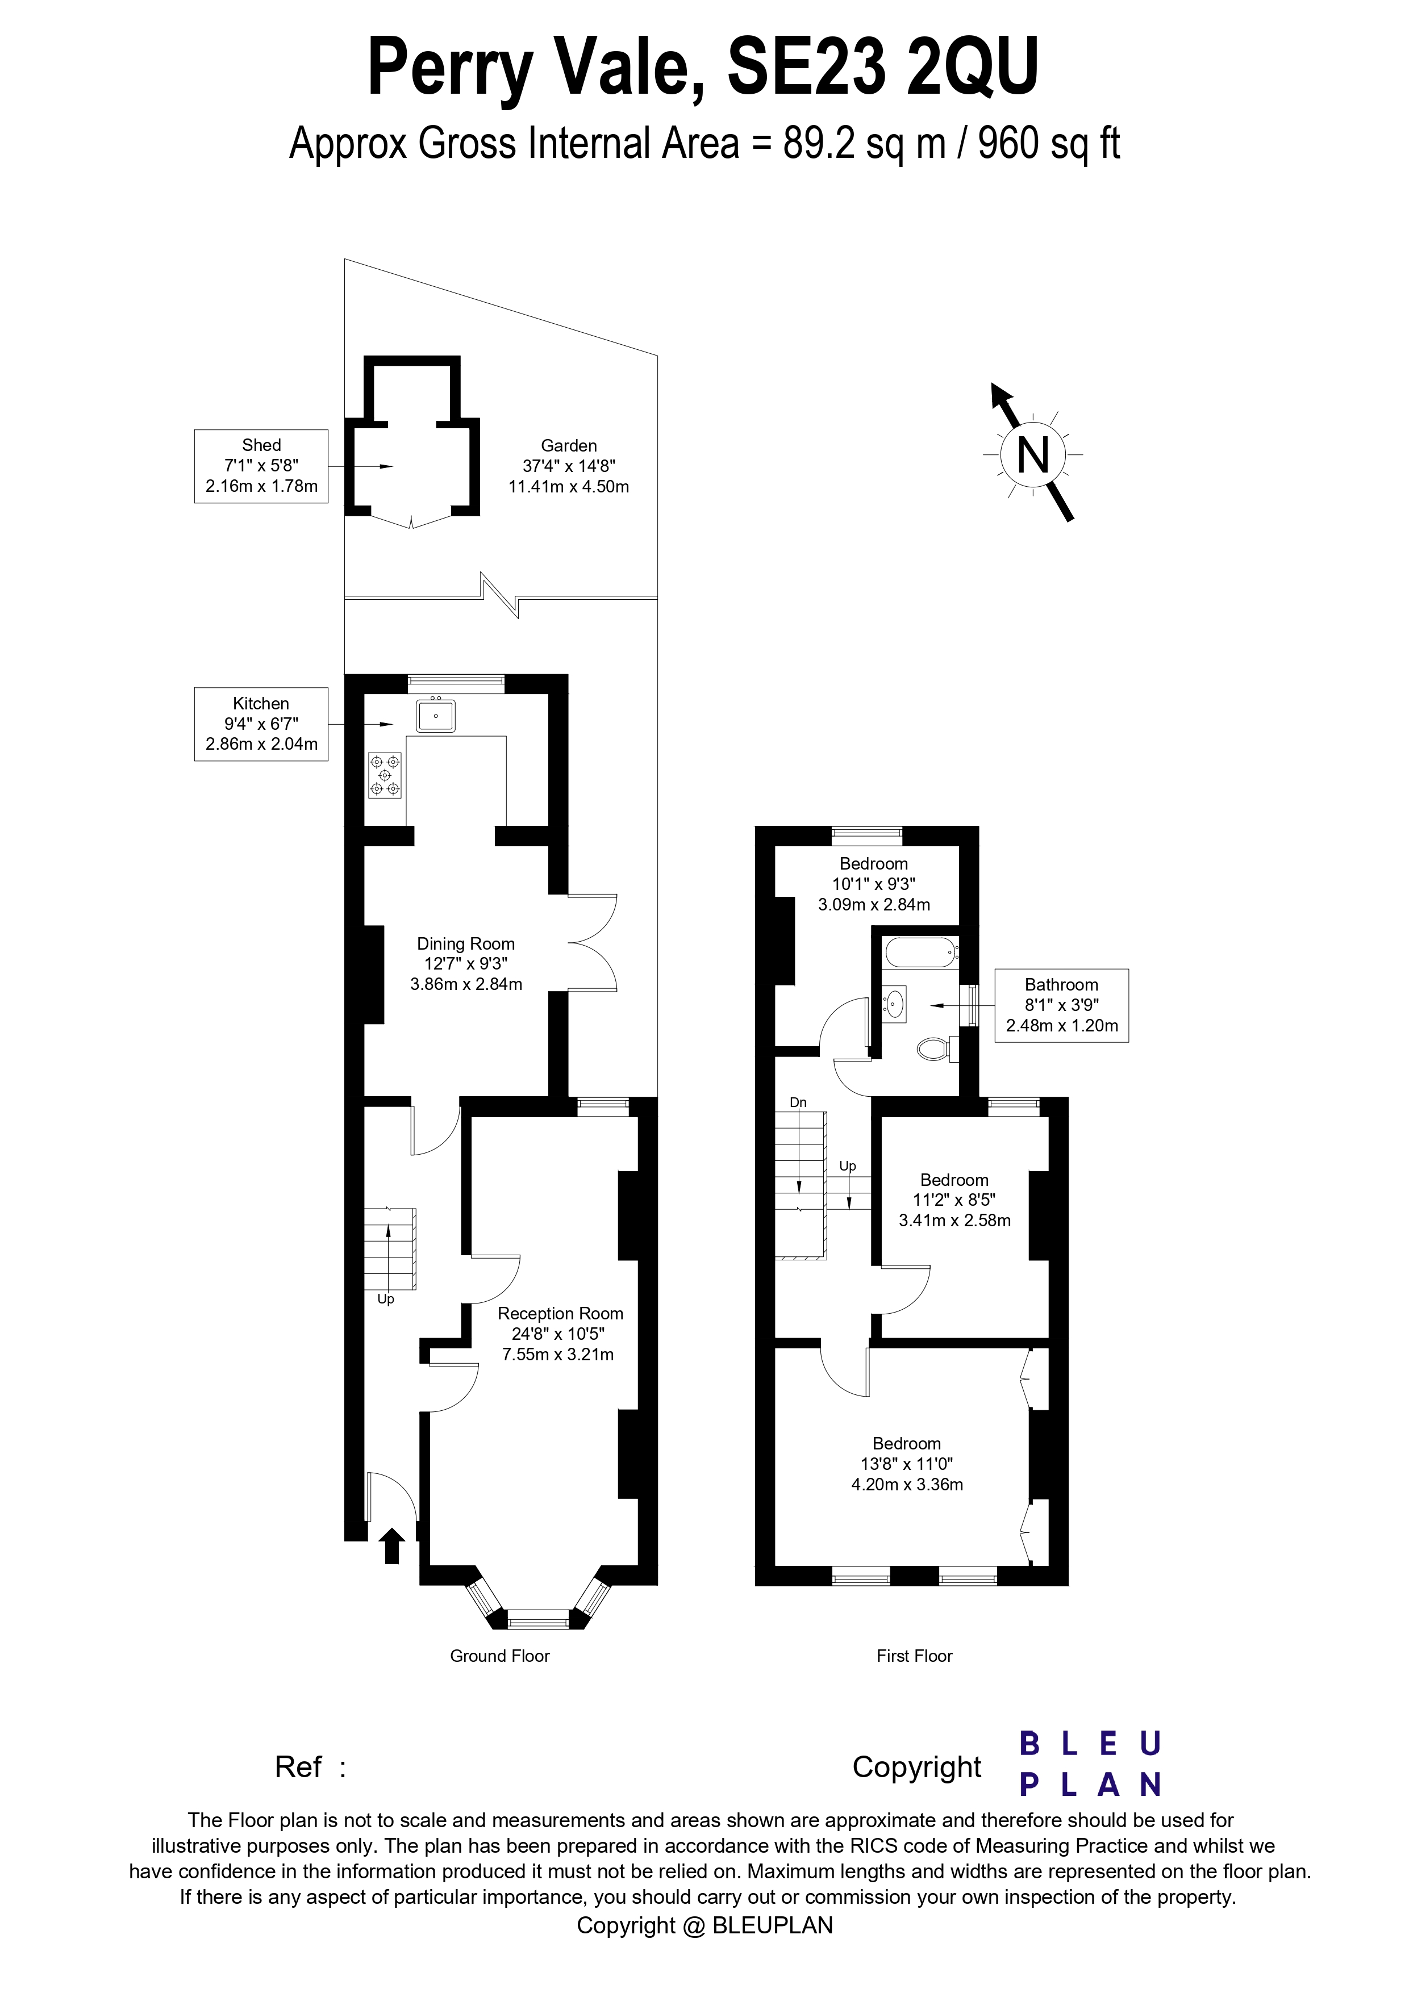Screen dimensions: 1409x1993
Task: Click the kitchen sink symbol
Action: point(436,715)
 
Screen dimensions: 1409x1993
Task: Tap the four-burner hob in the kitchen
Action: point(385,774)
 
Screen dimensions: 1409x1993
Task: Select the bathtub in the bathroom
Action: point(921,952)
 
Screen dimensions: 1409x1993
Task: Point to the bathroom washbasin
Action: point(895,1004)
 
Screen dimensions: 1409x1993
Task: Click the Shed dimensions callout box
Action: point(261,466)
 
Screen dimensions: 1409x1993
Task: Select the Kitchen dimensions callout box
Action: point(261,724)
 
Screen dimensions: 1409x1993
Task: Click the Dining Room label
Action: point(466,943)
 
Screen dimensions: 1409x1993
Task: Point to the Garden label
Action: point(569,445)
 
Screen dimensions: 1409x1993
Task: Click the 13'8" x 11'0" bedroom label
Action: point(906,1464)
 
